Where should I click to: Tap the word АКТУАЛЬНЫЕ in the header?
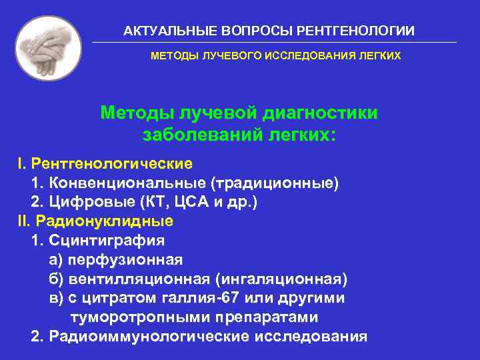click(161, 31)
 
